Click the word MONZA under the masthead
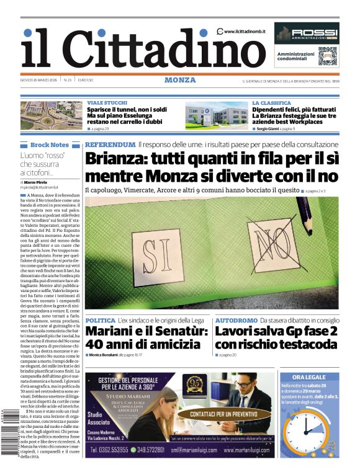[x=180, y=80]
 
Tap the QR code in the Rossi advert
[x=326, y=56]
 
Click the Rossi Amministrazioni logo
[x=307, y=34]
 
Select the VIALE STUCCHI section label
[x=107, y=102]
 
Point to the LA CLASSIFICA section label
[x=271, y=102]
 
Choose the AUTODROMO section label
[x=236, y=320]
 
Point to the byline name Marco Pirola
[x=36, y=182]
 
